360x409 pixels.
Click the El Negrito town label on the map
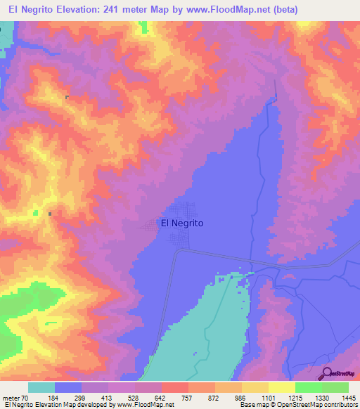coord(182,223)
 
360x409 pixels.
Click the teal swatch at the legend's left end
coord(41,387)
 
